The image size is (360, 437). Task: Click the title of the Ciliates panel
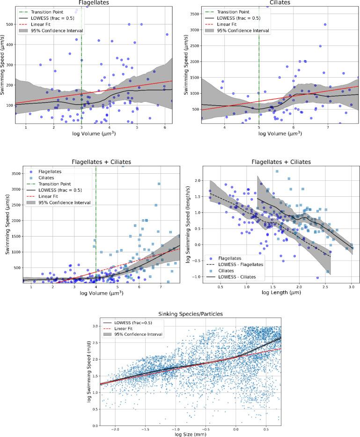(x=280, y=2)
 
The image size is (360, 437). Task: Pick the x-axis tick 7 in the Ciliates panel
(x=328, y=127)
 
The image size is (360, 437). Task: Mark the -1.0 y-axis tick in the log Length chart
(x=197, y=277)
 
